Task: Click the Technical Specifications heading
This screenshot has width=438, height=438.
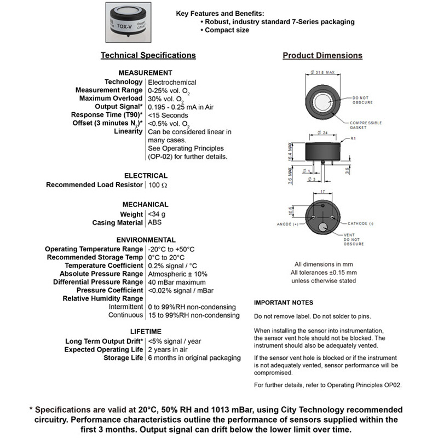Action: [148, 55]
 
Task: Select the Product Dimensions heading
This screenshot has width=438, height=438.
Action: [322, 55]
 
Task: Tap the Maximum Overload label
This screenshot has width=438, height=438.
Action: [111, 99]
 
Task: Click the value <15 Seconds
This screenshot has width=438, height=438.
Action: [168, 115]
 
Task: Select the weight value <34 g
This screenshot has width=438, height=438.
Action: [157, 214]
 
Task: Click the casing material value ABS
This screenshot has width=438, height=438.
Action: [155, 223]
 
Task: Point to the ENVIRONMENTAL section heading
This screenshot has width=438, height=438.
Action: [146, 240]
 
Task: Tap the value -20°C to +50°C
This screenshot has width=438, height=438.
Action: [171, 249]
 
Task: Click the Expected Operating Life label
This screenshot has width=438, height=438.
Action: [104, 349]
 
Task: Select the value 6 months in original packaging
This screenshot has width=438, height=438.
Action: [194, 358]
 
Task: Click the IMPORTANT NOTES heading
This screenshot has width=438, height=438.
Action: [284, 303]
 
